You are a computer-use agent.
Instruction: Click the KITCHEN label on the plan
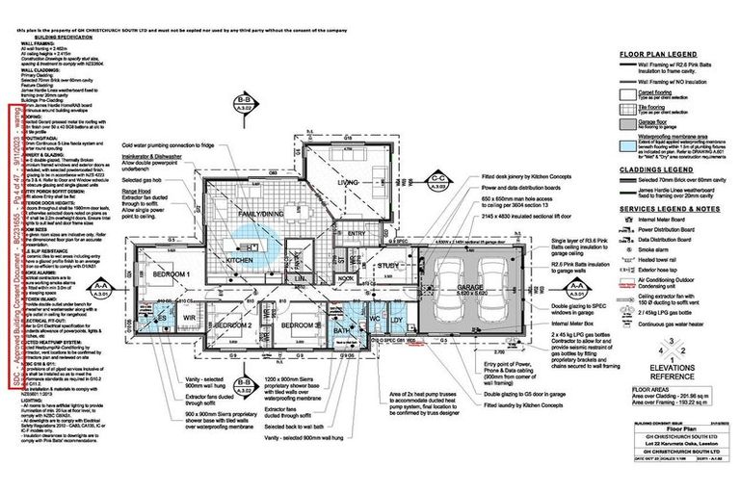point(239,260)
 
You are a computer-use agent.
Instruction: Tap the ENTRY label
point(356,232)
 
